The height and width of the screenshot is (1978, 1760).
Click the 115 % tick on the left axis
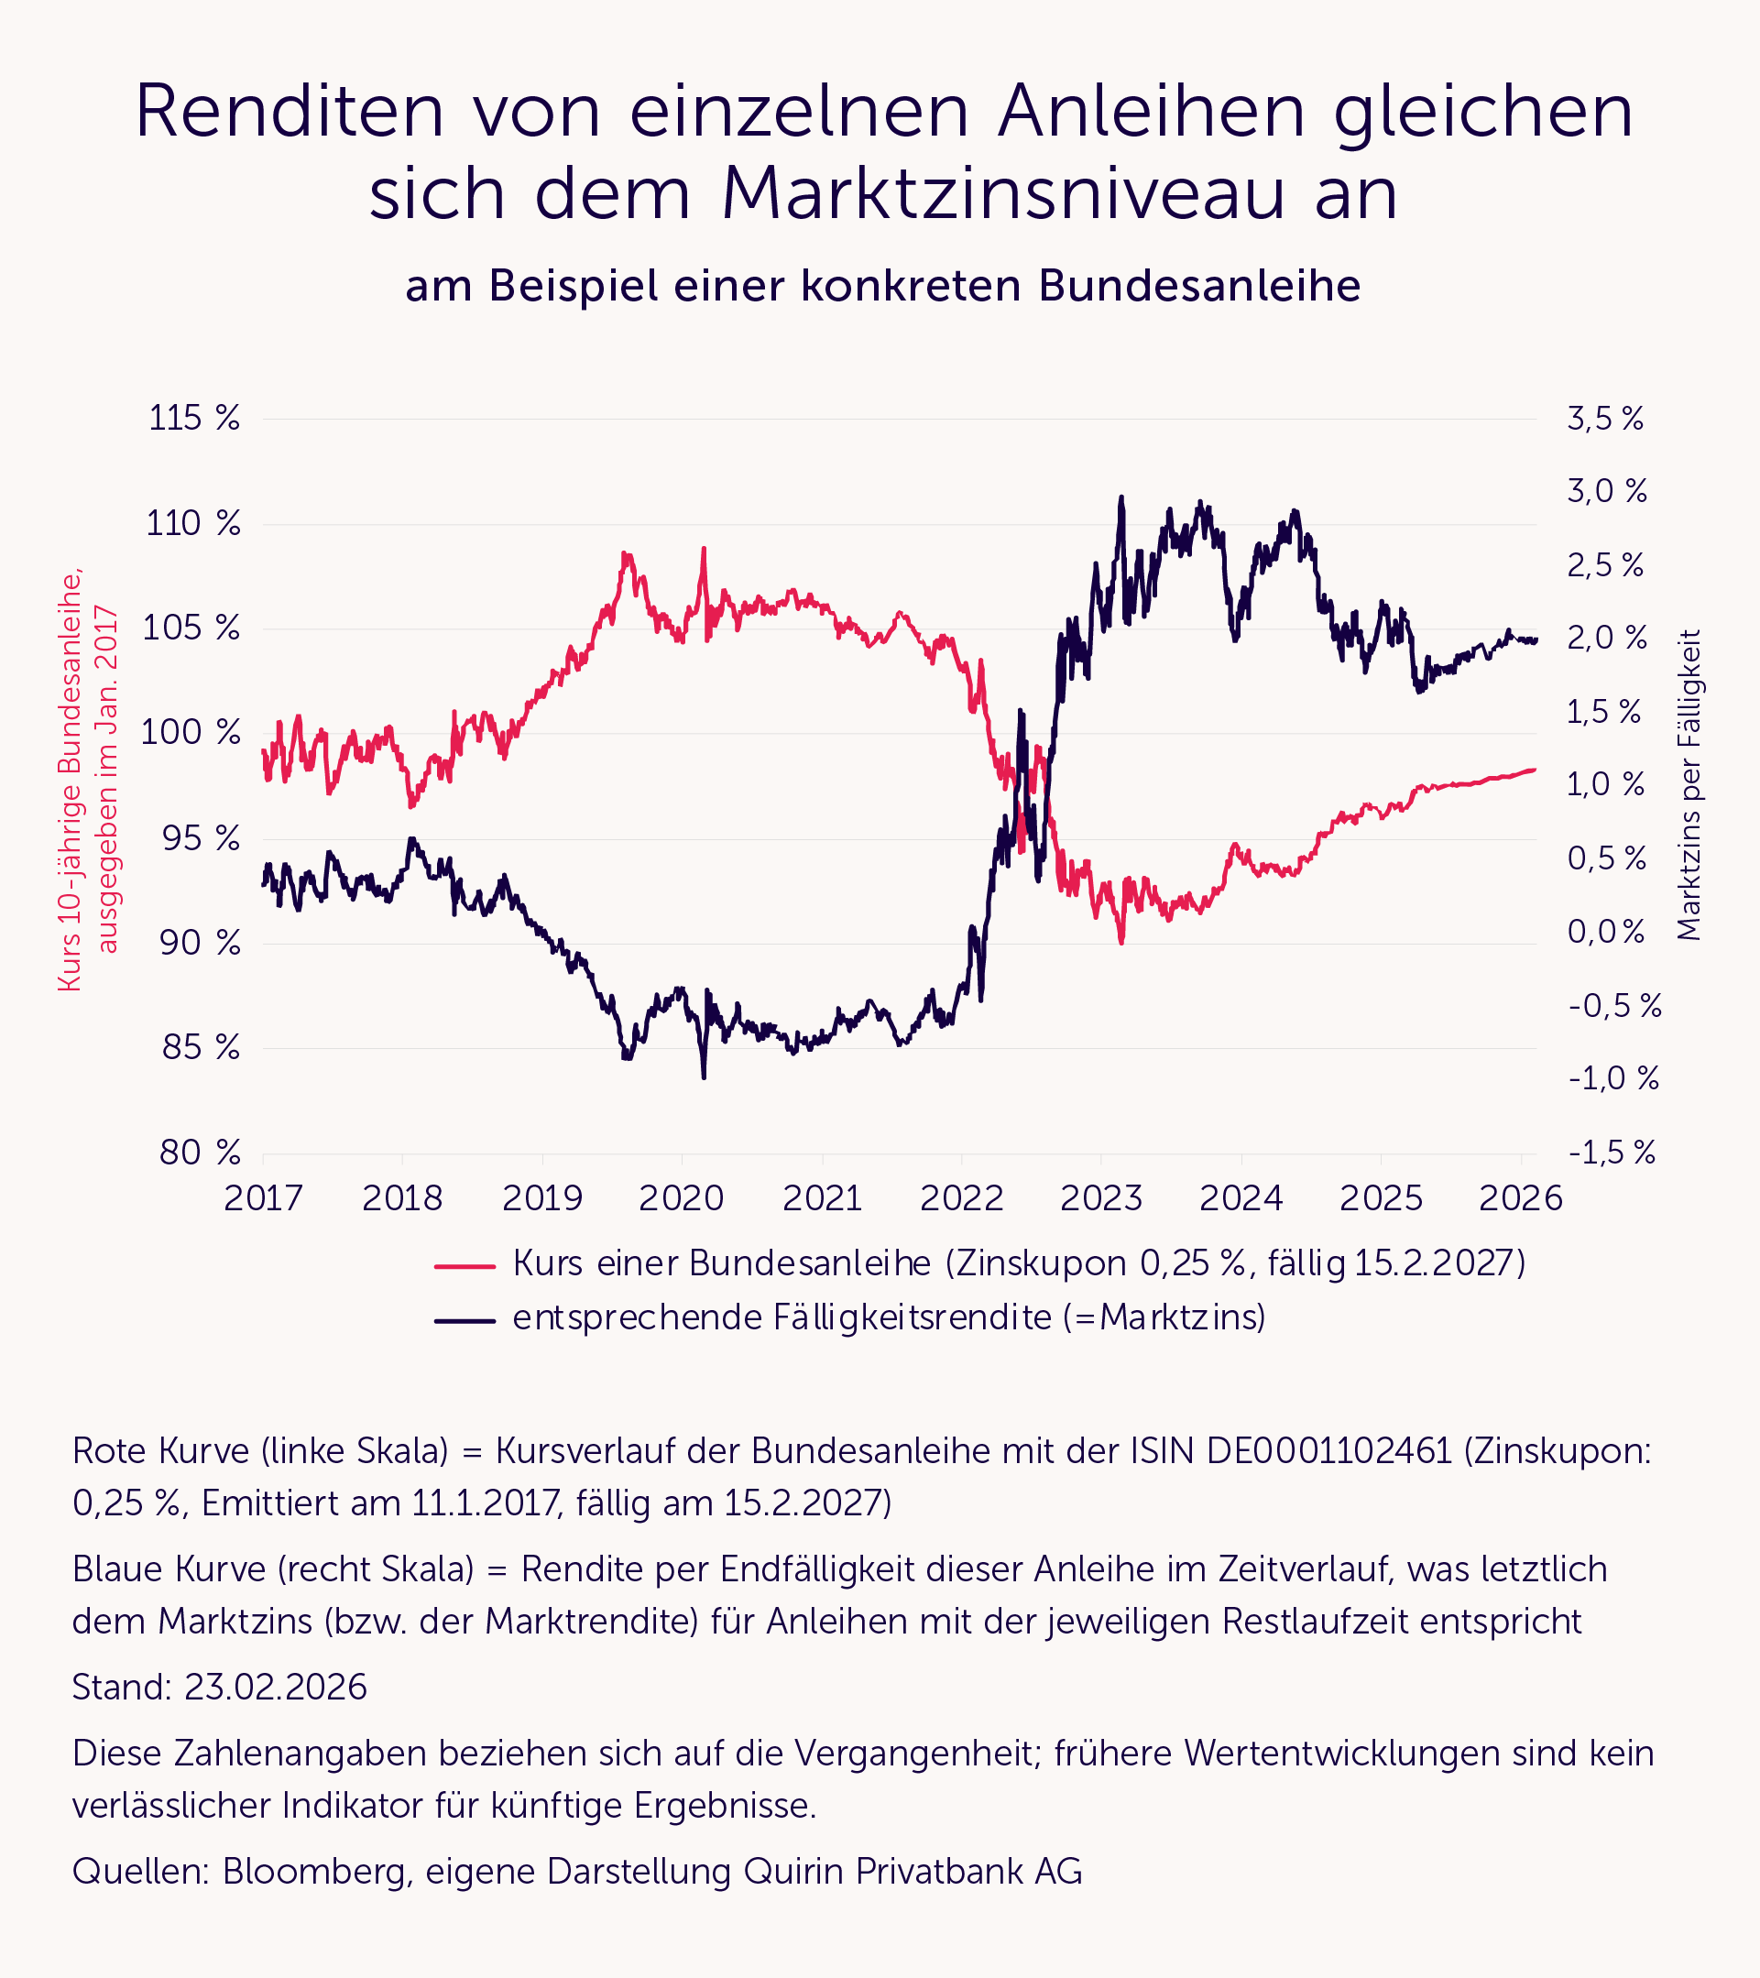pos(193,418)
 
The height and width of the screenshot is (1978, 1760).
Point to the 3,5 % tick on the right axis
pos(1605,419)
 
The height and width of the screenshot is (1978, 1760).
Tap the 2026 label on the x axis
pos(1520,1199)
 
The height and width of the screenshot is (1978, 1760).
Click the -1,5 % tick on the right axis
pos(1612,1153)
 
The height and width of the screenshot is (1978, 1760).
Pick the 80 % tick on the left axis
pos(201,1153)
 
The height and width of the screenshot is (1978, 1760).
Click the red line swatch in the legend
pos(465,1266)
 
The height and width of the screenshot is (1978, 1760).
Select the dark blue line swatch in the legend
pos(465,1320)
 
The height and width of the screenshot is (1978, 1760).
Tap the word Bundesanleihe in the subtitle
pos(1200,287)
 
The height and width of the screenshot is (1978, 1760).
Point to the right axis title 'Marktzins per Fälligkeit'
pos(1689,785)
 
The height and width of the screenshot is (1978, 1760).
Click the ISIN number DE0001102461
pos(1329,1450)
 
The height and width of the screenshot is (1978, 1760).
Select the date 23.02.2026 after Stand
pos(276,1688)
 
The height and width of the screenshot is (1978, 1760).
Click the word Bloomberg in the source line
pos(313,1872)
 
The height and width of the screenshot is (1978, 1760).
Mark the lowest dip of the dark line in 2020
pos(704,1076)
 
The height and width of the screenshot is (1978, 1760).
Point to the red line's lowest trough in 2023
pos(1121,942)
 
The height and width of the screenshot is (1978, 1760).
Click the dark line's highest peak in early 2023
pos(1121,497)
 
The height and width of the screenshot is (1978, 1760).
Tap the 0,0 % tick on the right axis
pos(1606,932)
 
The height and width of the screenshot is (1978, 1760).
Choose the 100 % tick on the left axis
pos(191,733)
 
